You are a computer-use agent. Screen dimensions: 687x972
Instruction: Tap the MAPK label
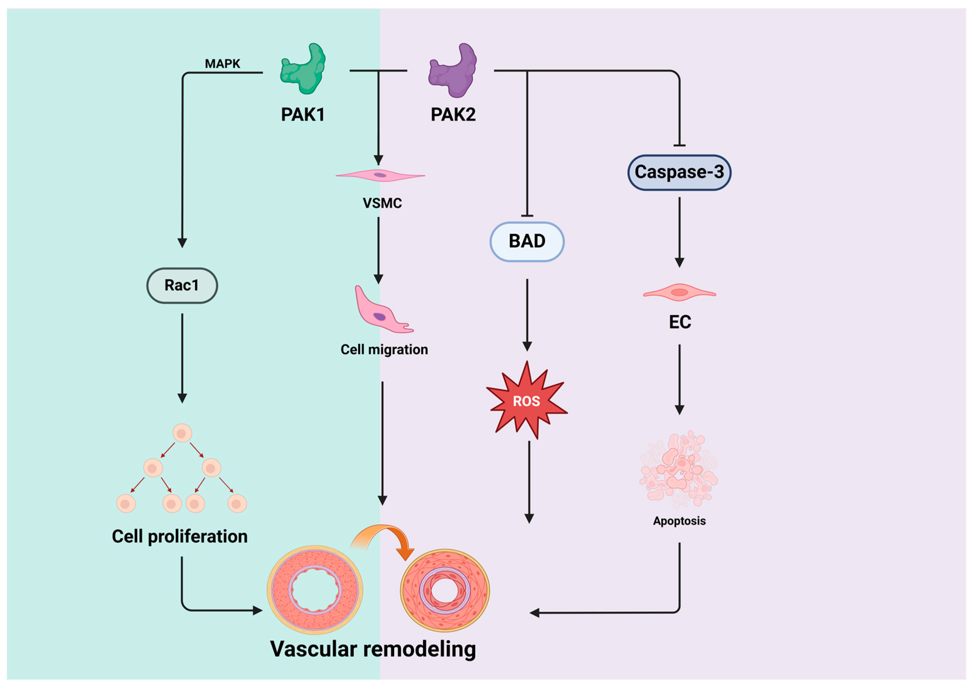coord(222,64)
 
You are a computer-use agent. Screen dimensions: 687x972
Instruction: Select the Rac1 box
coord(182,286)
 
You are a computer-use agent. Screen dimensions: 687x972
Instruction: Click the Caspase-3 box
coord(679,172)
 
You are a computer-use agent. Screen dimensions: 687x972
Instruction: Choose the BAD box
coord(527,241)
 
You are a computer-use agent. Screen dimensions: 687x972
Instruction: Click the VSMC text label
coord(382,203)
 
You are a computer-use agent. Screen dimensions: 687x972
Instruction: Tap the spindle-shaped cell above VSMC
coord(380,175)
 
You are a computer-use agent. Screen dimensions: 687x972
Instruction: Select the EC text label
coord(680,322)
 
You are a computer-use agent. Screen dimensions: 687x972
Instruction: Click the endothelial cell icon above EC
coord(680,292)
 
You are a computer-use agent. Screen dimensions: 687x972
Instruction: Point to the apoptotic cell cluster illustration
coord(679,470)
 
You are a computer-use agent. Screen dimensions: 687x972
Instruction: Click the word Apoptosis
coord(679,521)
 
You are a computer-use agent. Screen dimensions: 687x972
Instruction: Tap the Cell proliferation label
coord(179,536)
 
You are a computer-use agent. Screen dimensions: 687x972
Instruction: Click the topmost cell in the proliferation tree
coord(182,433)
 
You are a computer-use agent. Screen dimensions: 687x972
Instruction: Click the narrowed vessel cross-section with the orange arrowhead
coord(445,590)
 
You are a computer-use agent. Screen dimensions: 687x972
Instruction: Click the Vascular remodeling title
coord(373,649)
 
